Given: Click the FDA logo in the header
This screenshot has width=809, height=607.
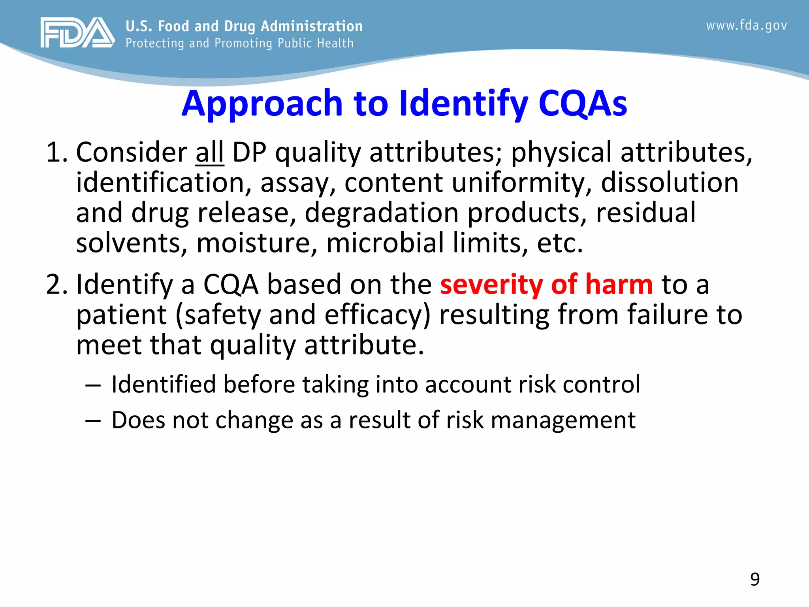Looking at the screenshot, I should click(77, 33).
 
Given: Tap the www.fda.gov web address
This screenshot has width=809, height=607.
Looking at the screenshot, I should click(746, 26).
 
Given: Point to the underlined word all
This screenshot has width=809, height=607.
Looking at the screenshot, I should click(210, 153).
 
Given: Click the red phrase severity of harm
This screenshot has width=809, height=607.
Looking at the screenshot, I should click(546, 285).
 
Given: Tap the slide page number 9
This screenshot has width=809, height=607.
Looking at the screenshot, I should click(754, 579).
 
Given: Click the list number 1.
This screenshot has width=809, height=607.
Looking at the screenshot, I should click(55, 153).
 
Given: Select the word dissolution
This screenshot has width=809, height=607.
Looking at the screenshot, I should click(669, 183).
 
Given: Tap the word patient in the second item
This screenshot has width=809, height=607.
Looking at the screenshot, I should click(121, 315).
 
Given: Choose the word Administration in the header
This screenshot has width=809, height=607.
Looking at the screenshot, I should click(311, 26).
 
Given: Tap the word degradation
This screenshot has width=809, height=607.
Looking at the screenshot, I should click(381, 213).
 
